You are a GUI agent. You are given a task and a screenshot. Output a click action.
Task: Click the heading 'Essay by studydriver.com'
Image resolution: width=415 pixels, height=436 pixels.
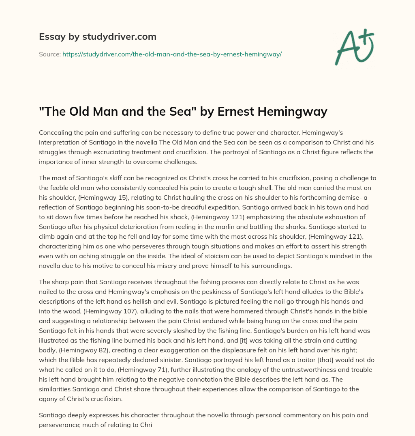(x=97, y=37)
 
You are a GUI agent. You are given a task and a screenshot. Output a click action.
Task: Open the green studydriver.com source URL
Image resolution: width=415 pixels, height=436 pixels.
(x=172, y=54)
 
